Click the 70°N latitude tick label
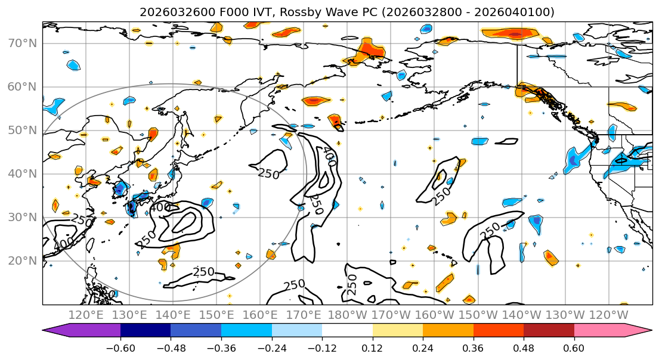point(22,44)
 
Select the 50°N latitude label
point(22,131)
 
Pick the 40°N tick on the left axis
point(22,174)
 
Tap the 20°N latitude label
point(22,261)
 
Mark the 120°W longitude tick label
point(608,315)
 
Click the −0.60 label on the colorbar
point(120,347)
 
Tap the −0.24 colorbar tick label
point(271,347)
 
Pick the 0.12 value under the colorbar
point(372,347)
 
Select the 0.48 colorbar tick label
point(524,347)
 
